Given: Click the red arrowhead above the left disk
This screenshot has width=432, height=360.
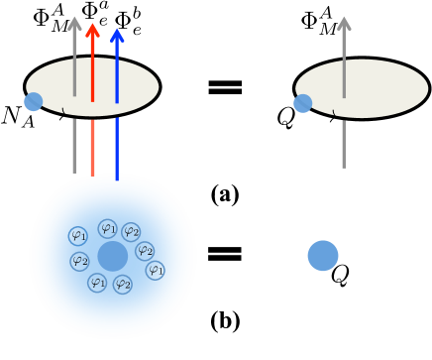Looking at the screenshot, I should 92,30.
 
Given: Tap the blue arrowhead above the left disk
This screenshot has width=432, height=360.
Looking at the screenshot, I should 117,35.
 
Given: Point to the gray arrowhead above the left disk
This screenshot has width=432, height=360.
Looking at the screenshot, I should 74,23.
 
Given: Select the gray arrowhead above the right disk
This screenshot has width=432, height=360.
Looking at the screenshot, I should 344,23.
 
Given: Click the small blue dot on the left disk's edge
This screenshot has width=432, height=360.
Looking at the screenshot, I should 34,101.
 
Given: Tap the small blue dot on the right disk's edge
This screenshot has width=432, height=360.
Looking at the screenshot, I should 302,103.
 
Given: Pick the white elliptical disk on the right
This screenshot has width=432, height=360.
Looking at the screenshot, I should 362,88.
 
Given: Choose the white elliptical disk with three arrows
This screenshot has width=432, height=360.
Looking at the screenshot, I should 92,87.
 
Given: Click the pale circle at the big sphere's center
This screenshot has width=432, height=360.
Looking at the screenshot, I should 113,256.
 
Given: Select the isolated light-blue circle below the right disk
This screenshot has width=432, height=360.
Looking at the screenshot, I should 323,255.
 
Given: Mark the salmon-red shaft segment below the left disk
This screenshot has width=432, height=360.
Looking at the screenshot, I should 92,148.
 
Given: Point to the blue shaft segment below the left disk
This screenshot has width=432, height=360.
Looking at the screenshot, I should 117,149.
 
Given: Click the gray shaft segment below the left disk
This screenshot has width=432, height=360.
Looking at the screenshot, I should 74,146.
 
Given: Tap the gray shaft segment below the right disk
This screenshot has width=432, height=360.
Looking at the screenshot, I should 344,144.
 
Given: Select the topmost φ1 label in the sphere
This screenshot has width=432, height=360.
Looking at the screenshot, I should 108,228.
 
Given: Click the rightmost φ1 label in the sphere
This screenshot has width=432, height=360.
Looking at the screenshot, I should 155,270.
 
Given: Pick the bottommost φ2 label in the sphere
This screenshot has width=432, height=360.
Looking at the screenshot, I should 123,285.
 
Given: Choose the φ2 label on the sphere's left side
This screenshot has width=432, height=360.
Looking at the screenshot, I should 79,261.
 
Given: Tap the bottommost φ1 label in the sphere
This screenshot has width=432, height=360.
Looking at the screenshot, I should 97,282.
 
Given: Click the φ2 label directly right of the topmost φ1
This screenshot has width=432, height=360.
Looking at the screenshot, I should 131,231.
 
